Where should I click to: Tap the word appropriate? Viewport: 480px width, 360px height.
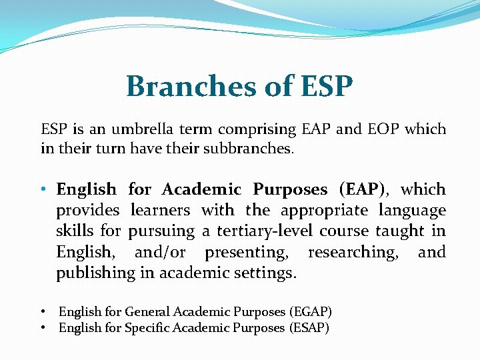point(325,211)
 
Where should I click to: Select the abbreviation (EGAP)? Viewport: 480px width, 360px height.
point(311,311)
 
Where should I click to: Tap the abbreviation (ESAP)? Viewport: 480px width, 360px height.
point(309,328)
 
